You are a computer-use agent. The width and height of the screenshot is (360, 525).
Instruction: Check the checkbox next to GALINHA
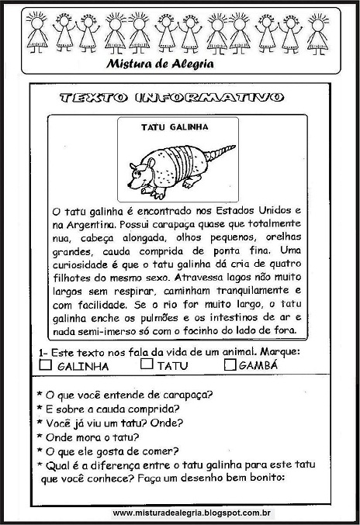pyautogui.click(x=45, y=364)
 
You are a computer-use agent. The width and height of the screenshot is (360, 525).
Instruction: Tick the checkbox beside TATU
pyautogui.click(x=147, y=364)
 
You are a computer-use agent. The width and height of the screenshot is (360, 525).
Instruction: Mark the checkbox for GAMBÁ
pyautogui.click(x=229, y=364)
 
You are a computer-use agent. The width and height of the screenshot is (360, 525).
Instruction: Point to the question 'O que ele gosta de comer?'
pyautogui.click(x=112, y=451)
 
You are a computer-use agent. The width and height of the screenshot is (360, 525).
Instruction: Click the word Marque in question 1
pyautogui.click(x=280, y=351)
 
